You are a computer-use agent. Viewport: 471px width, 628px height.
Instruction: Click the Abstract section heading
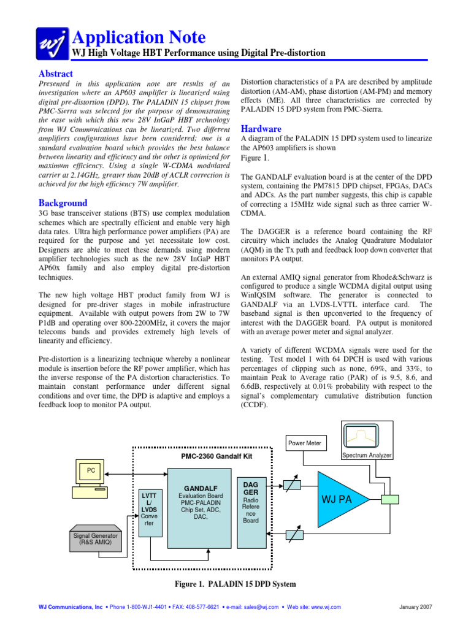pyautogui.click(x=56, y=74)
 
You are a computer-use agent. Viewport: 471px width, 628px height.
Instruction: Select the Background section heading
pyautogui.click(x=63, y=203)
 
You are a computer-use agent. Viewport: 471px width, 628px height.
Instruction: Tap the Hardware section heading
pyautogui.click(x=261, y=129)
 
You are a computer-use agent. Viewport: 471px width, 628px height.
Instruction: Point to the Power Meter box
pyautogui.click(x=305, y=443)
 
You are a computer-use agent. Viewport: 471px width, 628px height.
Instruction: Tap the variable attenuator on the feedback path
pyautogui.click(x=295, y=535)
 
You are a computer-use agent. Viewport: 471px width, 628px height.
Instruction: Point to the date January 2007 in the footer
pyautogui.click(x=415, y=607)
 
